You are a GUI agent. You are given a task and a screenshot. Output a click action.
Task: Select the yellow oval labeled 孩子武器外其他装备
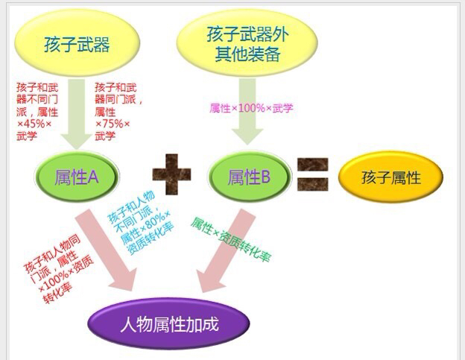click(x=247, y=43)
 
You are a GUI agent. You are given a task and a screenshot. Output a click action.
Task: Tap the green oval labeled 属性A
click(x=77, y=177)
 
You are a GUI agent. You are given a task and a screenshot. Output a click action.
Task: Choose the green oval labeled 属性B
click(x=249, y=177)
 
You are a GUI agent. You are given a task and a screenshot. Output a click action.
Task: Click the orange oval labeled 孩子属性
click(x=391, y=177)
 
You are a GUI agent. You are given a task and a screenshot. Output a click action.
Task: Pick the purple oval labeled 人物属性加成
click(x=169, y=323)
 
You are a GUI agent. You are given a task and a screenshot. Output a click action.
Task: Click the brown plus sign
click(x=171, y=174)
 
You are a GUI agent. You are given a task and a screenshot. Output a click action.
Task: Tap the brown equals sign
click(x=313, y=174)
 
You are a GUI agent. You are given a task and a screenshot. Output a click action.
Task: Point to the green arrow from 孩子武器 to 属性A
click(x=77, y=114)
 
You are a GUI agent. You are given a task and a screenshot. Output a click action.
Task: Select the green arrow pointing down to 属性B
click(x=247, y=112)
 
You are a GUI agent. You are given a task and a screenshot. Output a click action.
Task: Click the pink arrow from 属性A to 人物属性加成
click(x=106, y=250)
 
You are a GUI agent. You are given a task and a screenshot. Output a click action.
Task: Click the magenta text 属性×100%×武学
click(x=251, y=108)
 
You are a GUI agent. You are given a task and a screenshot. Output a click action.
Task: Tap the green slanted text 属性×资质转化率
click(x=230, y=239)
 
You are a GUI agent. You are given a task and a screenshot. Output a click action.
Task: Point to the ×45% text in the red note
click(x=34, y=124)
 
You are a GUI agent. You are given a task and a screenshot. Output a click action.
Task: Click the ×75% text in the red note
click(x=113, y=124)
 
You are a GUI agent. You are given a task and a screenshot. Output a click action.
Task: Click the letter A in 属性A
click(x=93, y=177)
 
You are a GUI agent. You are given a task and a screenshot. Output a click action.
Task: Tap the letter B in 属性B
click(x=265, y=177)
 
